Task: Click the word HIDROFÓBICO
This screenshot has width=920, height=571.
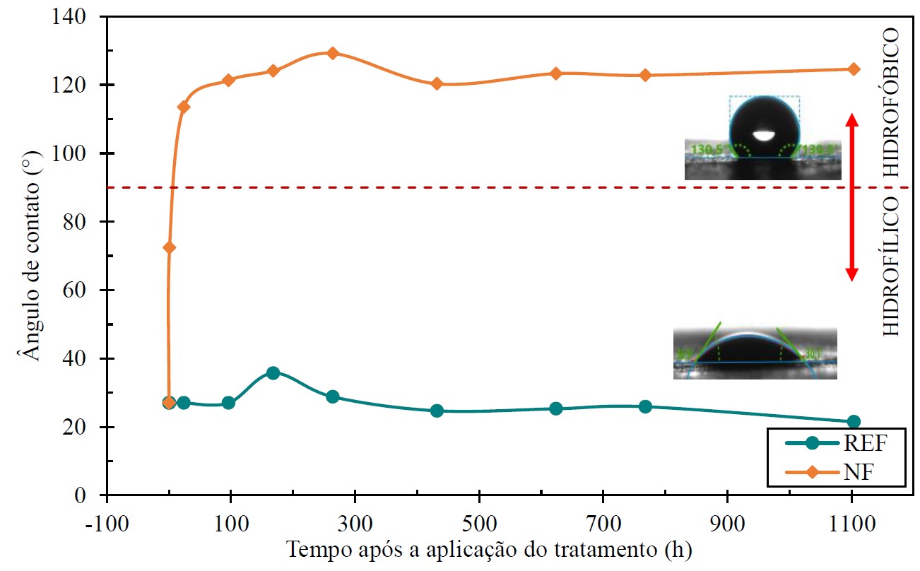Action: (x=892, y=102)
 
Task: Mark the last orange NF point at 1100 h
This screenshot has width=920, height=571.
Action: (x=853, y=69)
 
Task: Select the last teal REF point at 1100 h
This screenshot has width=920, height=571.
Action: (x=853, y=422)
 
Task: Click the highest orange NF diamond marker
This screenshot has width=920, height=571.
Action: (x=332, y=53)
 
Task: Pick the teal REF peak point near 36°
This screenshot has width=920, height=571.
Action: (x=273, y=373)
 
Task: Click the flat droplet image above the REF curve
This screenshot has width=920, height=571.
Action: (x=754, y=351)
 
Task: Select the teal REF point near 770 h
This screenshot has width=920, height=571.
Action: (x=645, y=406)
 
